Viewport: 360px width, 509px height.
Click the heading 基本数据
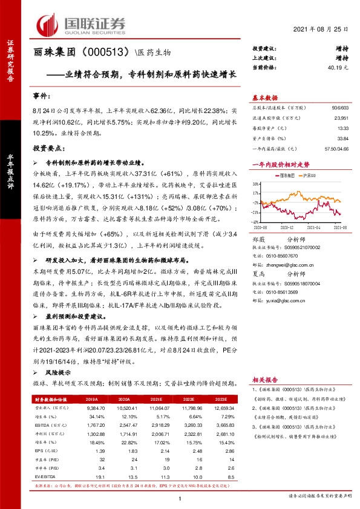(x=264, y=97)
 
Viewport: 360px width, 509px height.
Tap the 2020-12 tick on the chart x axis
(x=287, y=227)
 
